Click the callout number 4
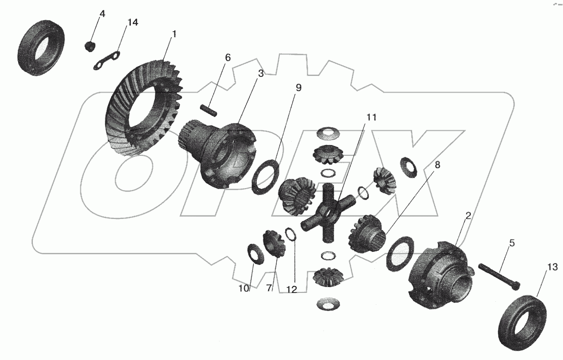point(102,14)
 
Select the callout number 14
point(133,23)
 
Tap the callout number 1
point(174,35)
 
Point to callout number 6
point(227,57)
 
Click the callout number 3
point(261,73)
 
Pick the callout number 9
point(298,88)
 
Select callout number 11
point(371,118)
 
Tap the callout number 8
point(437,165)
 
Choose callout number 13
point(553,267)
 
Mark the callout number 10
point(244,288)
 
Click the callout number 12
point(292,289)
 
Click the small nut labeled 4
point(89,47)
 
